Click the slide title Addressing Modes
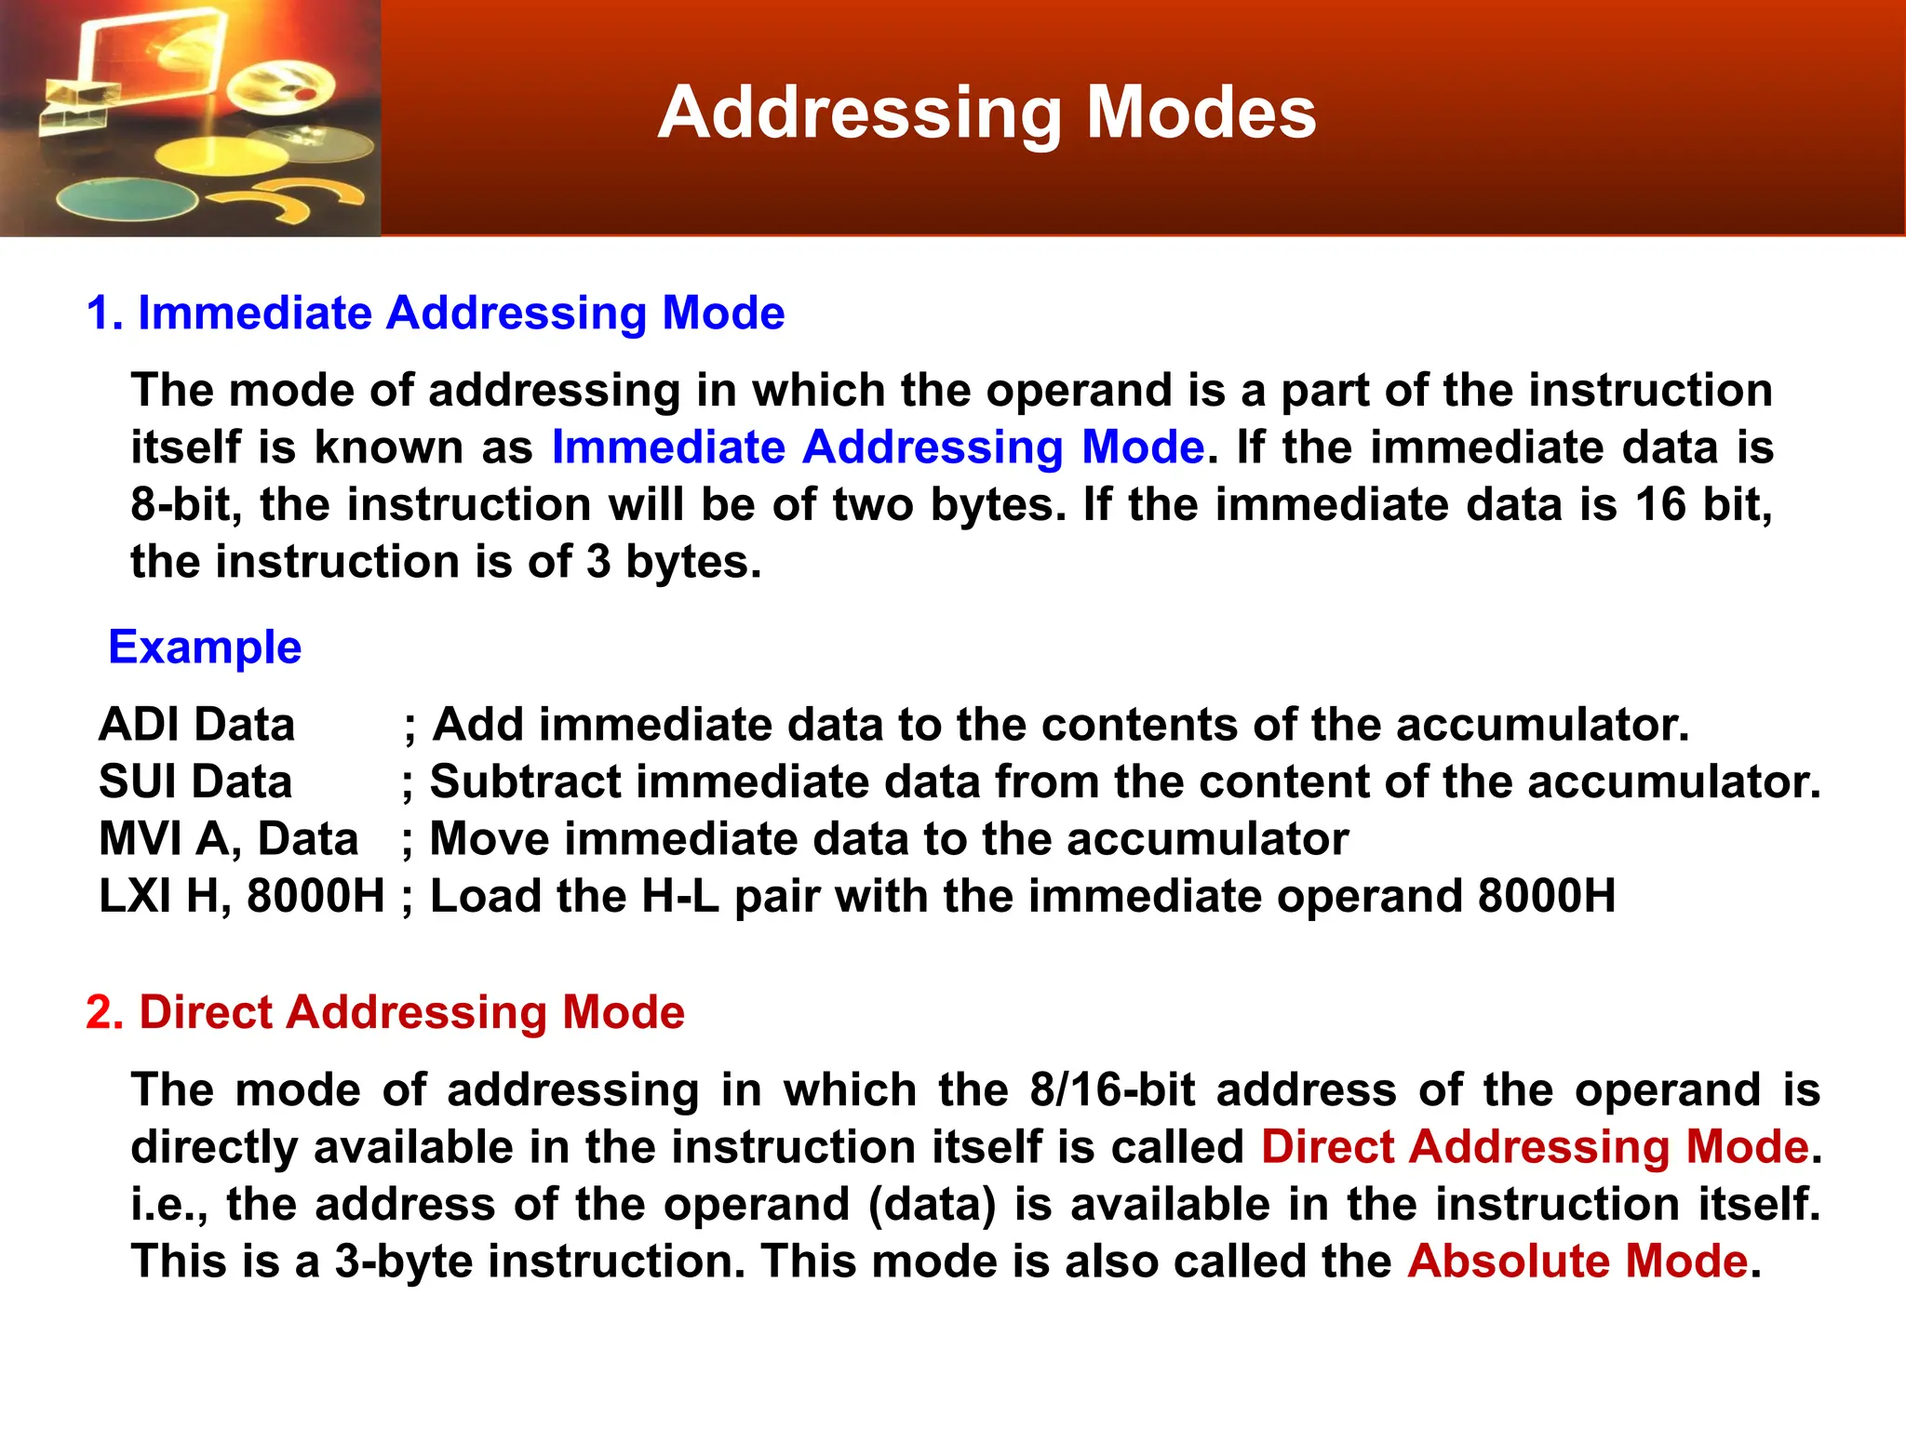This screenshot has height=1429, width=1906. coord(987,114)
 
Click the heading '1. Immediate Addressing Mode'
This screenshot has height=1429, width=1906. coord(436,314)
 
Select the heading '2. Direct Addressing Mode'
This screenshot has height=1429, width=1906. coord(385,1012)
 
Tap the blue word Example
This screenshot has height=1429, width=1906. coord(205,648)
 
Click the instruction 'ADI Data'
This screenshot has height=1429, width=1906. coord(196,725)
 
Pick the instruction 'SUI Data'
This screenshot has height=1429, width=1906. coord(195,781)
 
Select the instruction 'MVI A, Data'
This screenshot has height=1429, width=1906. coord(228,839)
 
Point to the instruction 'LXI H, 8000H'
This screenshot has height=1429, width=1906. coord(241,897)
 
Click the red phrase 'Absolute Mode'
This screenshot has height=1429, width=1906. coord(1577,1262)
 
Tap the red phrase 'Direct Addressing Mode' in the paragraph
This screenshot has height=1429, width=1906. coord(1535,1147)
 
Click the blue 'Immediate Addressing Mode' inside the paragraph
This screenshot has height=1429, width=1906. coord(878,447)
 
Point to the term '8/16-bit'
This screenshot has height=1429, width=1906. coord(1112,1090)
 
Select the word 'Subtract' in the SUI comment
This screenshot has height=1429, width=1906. coord(525,781)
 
